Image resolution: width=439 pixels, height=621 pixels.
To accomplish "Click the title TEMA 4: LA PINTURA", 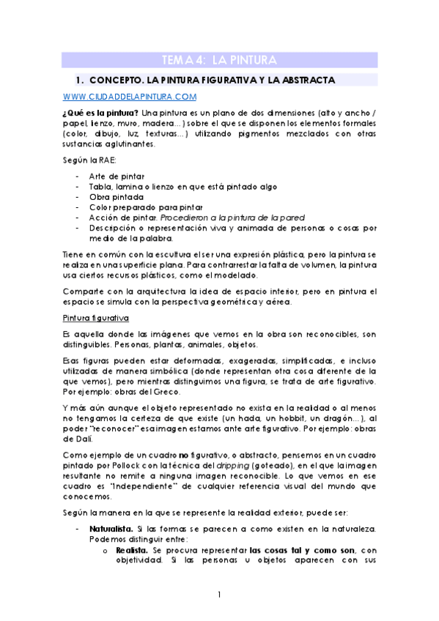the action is click(x=218, y=60).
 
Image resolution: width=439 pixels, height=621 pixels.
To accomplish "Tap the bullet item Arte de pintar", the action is click(x=116, y=176).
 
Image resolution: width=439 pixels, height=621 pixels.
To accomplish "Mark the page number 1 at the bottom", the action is click(x=219, y=595).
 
